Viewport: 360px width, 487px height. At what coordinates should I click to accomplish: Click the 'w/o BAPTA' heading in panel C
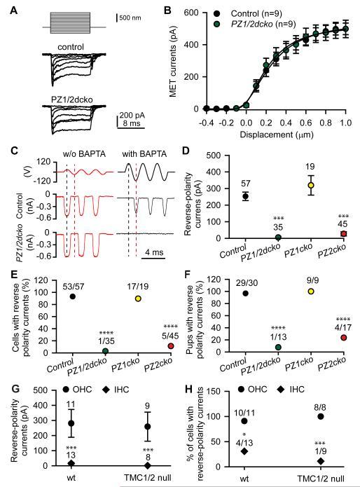point(79,153)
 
